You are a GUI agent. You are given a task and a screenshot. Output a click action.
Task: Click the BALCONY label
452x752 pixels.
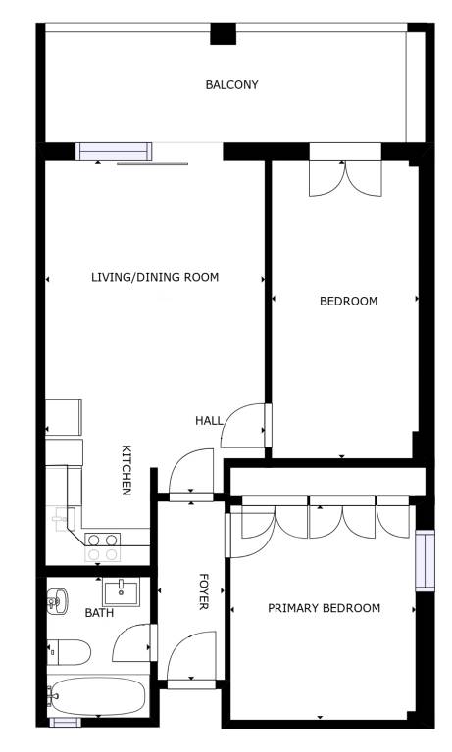tap(232, 85)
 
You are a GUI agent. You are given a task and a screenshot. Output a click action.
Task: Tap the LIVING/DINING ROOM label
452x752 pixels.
tap(155, 277)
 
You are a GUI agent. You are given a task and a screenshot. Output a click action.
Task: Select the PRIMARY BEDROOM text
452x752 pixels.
tap(325, 608)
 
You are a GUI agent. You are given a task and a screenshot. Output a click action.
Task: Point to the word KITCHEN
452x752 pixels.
tap(126, 470)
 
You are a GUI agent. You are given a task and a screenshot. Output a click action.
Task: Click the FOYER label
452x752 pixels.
tap(204, 591)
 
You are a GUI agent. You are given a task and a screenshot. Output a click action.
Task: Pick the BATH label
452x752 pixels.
tap(99, 613)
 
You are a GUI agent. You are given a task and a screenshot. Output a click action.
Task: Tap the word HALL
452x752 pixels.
tap(210, 421)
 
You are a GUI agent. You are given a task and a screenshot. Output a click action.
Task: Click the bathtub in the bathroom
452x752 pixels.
tap(96, 696)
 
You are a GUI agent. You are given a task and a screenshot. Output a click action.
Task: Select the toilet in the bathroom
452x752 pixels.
tap(70, 652)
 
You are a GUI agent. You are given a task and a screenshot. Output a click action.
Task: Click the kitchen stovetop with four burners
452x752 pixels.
tap(102, 547)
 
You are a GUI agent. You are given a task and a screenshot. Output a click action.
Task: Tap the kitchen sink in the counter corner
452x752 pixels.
tap(63, 518)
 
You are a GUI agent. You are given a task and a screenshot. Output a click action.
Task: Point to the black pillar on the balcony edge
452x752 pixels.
tap(224, 33)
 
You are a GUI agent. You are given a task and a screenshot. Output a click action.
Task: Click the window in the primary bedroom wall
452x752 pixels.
tap(426, 561)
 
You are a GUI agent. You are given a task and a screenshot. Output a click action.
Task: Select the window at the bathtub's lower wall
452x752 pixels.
tap(66, 723)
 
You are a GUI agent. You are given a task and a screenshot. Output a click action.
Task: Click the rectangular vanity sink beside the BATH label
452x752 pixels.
tap(121, 591)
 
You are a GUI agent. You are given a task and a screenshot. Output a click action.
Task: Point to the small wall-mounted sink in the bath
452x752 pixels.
tap(57, 600)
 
